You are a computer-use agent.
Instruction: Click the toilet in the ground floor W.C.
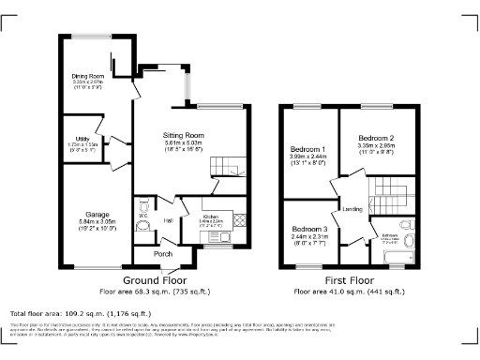click(142, 205)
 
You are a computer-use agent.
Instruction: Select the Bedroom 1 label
click(308, 150)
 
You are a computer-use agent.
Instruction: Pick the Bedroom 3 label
click(308, 229)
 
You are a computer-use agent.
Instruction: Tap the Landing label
click(352, 208)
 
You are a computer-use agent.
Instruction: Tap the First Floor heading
click(350, 280)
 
